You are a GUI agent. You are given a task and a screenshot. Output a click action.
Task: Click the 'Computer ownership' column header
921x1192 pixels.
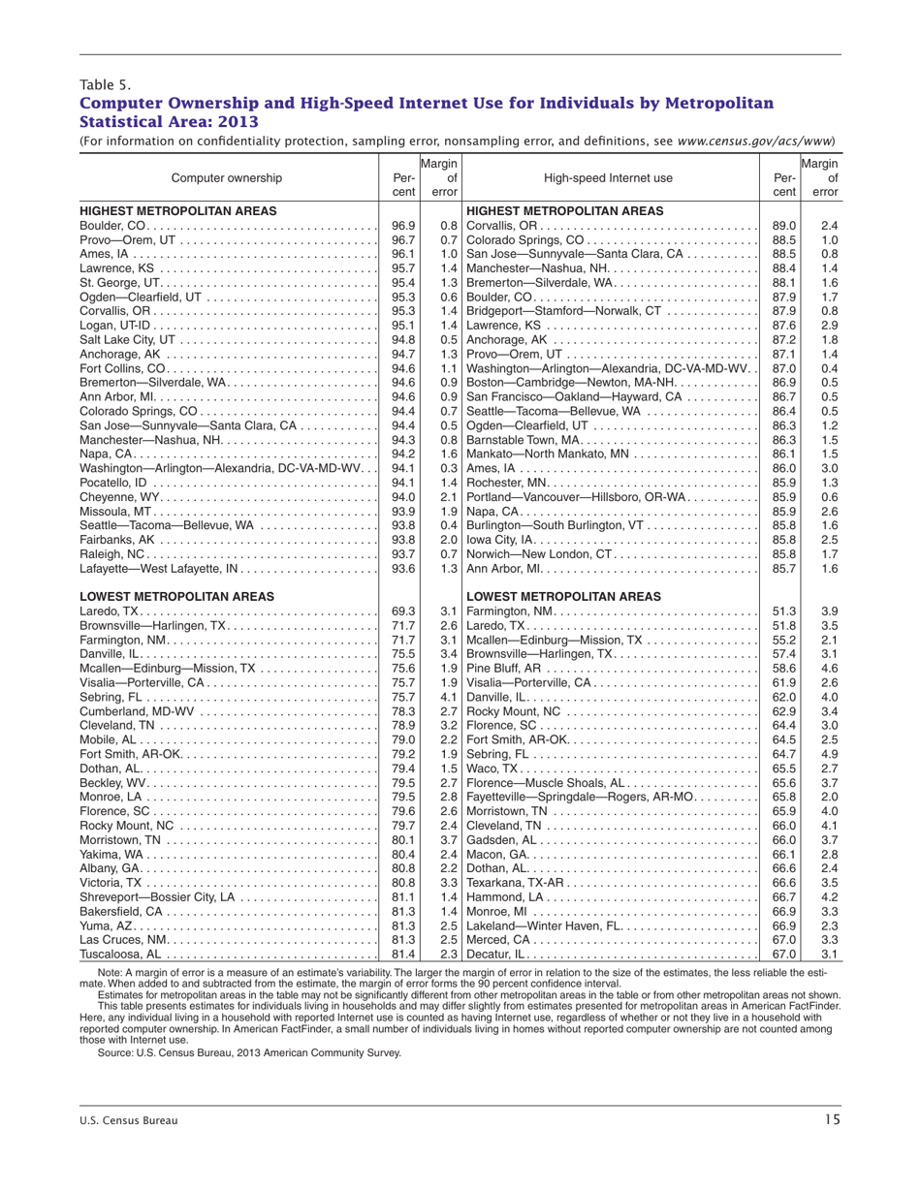(228, 177)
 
